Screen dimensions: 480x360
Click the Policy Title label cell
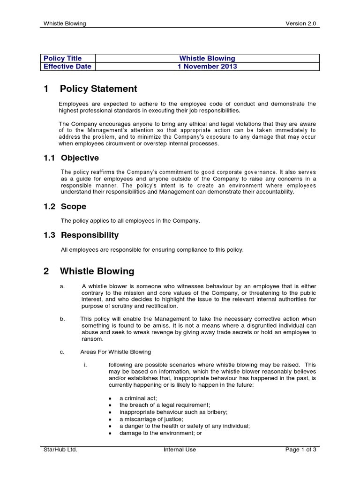coord(62,59)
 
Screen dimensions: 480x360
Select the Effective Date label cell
coord(67,67)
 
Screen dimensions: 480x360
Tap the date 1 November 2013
coord(207,67)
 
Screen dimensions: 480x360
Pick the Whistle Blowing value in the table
coord(207,59)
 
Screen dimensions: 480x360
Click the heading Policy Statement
coord(98,89)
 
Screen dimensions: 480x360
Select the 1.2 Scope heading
coord(64,207)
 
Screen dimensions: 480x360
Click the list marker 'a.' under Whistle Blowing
coord(62,286)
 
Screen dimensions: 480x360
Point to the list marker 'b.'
coord(62,319)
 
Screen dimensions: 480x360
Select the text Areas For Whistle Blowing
coord(116,352)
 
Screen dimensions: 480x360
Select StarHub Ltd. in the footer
coord(60,450)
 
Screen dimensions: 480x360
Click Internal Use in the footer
coord(180,450)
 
